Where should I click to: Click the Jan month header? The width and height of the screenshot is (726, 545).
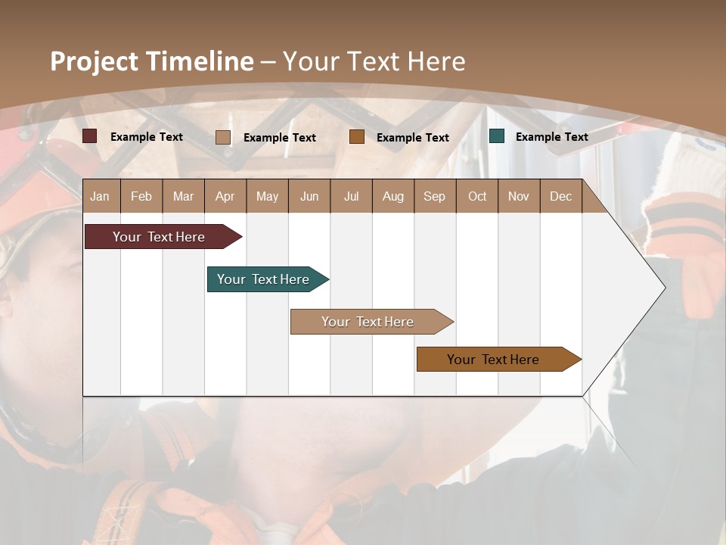pyautogui.click(x=101, y=197)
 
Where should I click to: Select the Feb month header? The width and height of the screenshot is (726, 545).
pyautogui.click(x=141, y=197)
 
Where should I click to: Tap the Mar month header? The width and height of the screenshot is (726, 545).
pyautogui.click(x=183, y=197)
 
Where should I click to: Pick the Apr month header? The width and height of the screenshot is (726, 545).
pyautogui.click(x=225, y=197)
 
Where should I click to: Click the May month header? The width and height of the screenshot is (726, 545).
pyautogui.click(x=267, y=197)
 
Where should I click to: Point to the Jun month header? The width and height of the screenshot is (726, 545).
pyautogui.click(x=309, y=197)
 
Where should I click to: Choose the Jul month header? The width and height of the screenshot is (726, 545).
pyautogui.click(x=351, y=197)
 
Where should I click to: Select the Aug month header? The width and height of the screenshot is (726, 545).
pyautogui.click(x=393, y=197)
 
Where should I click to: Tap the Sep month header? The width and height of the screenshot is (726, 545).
pyautogui.click(x=435, y=197)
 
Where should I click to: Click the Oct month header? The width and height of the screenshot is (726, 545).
pyautogui.click(x=477, y=197)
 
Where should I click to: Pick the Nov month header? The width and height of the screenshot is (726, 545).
pyautogui.click(x=519, y=197)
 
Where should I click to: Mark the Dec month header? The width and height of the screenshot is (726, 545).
pyautogui.click(x=561, y=197)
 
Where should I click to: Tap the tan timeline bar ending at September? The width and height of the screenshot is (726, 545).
pyautogui.click(x=368, y=322)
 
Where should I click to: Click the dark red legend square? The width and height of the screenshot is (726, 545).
pyautogui.click(x=90, y=136)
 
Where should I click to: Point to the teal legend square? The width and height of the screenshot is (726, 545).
pyautogui.click(x=497, y=136)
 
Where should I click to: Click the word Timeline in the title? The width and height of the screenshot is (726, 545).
pyautogui.click(x=199, y=61)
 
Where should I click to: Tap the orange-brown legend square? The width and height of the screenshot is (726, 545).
pyautogui.click(x=357, y=137)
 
